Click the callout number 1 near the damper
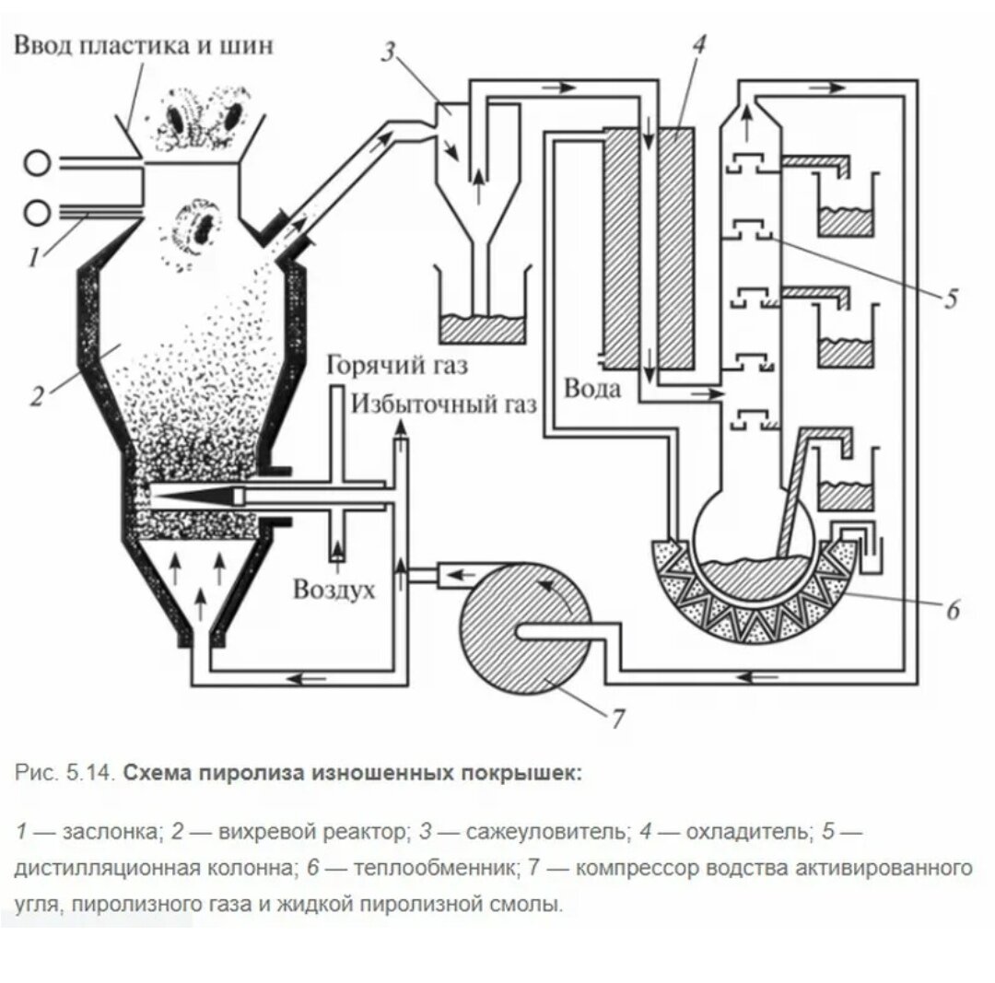tap(33, 255)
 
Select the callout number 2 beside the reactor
tap(37, 396)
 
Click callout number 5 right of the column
tap(950, 297)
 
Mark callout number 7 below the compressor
tap(618, 718)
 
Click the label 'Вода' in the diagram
tap(592, 388)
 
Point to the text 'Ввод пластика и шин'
tap(144, 45)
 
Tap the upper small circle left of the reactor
tap(38, 164)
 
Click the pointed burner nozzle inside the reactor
tap(193, 496)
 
